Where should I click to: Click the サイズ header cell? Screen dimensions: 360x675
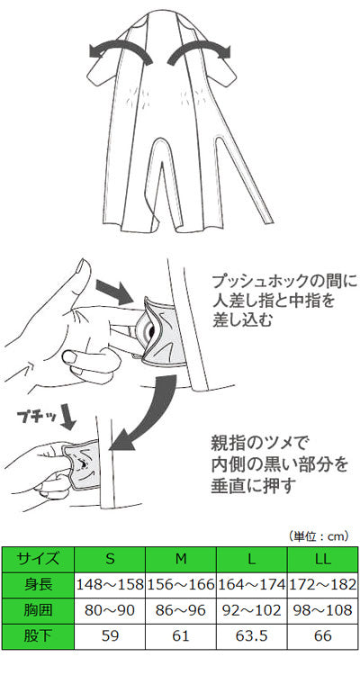tap(38, 559)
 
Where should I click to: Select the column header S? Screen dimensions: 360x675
tap(110, 559)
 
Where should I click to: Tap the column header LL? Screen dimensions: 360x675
tap(322, 559)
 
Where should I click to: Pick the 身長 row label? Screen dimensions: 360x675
tap(38, 585)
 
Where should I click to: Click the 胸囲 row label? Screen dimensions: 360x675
tap(38, 610)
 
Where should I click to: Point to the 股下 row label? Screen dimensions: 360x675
tap(38, 635)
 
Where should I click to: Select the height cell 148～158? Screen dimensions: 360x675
tap(110, 585)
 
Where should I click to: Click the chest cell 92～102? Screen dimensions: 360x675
tap(252, 610)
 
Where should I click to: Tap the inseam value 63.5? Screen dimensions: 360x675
tap(252, 635)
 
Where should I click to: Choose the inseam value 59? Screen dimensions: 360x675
tap(110, 635)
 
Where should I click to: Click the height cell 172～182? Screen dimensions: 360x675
tap(322, 585)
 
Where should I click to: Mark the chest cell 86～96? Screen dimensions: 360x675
tap(181, 610)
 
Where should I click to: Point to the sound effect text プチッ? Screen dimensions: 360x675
tap(36, 417)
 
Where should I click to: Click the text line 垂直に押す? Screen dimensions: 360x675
tap(252, 486)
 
